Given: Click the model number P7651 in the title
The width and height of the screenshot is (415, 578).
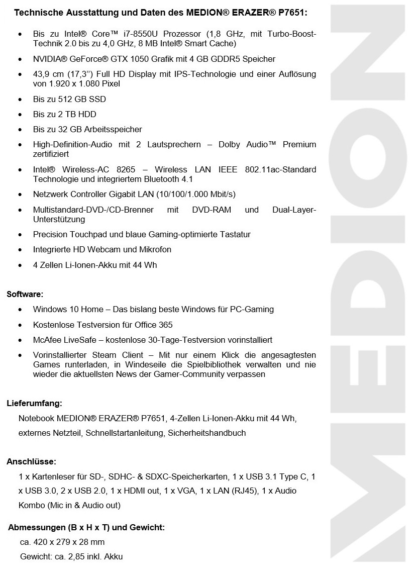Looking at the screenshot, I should [x=293, y=12].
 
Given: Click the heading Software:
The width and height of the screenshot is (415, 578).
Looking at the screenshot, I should [x=25, y=294].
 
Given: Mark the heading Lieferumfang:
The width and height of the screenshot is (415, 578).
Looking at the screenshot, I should [x=34, y=403].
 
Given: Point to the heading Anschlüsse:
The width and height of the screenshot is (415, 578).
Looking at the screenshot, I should [x=31, y=461].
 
